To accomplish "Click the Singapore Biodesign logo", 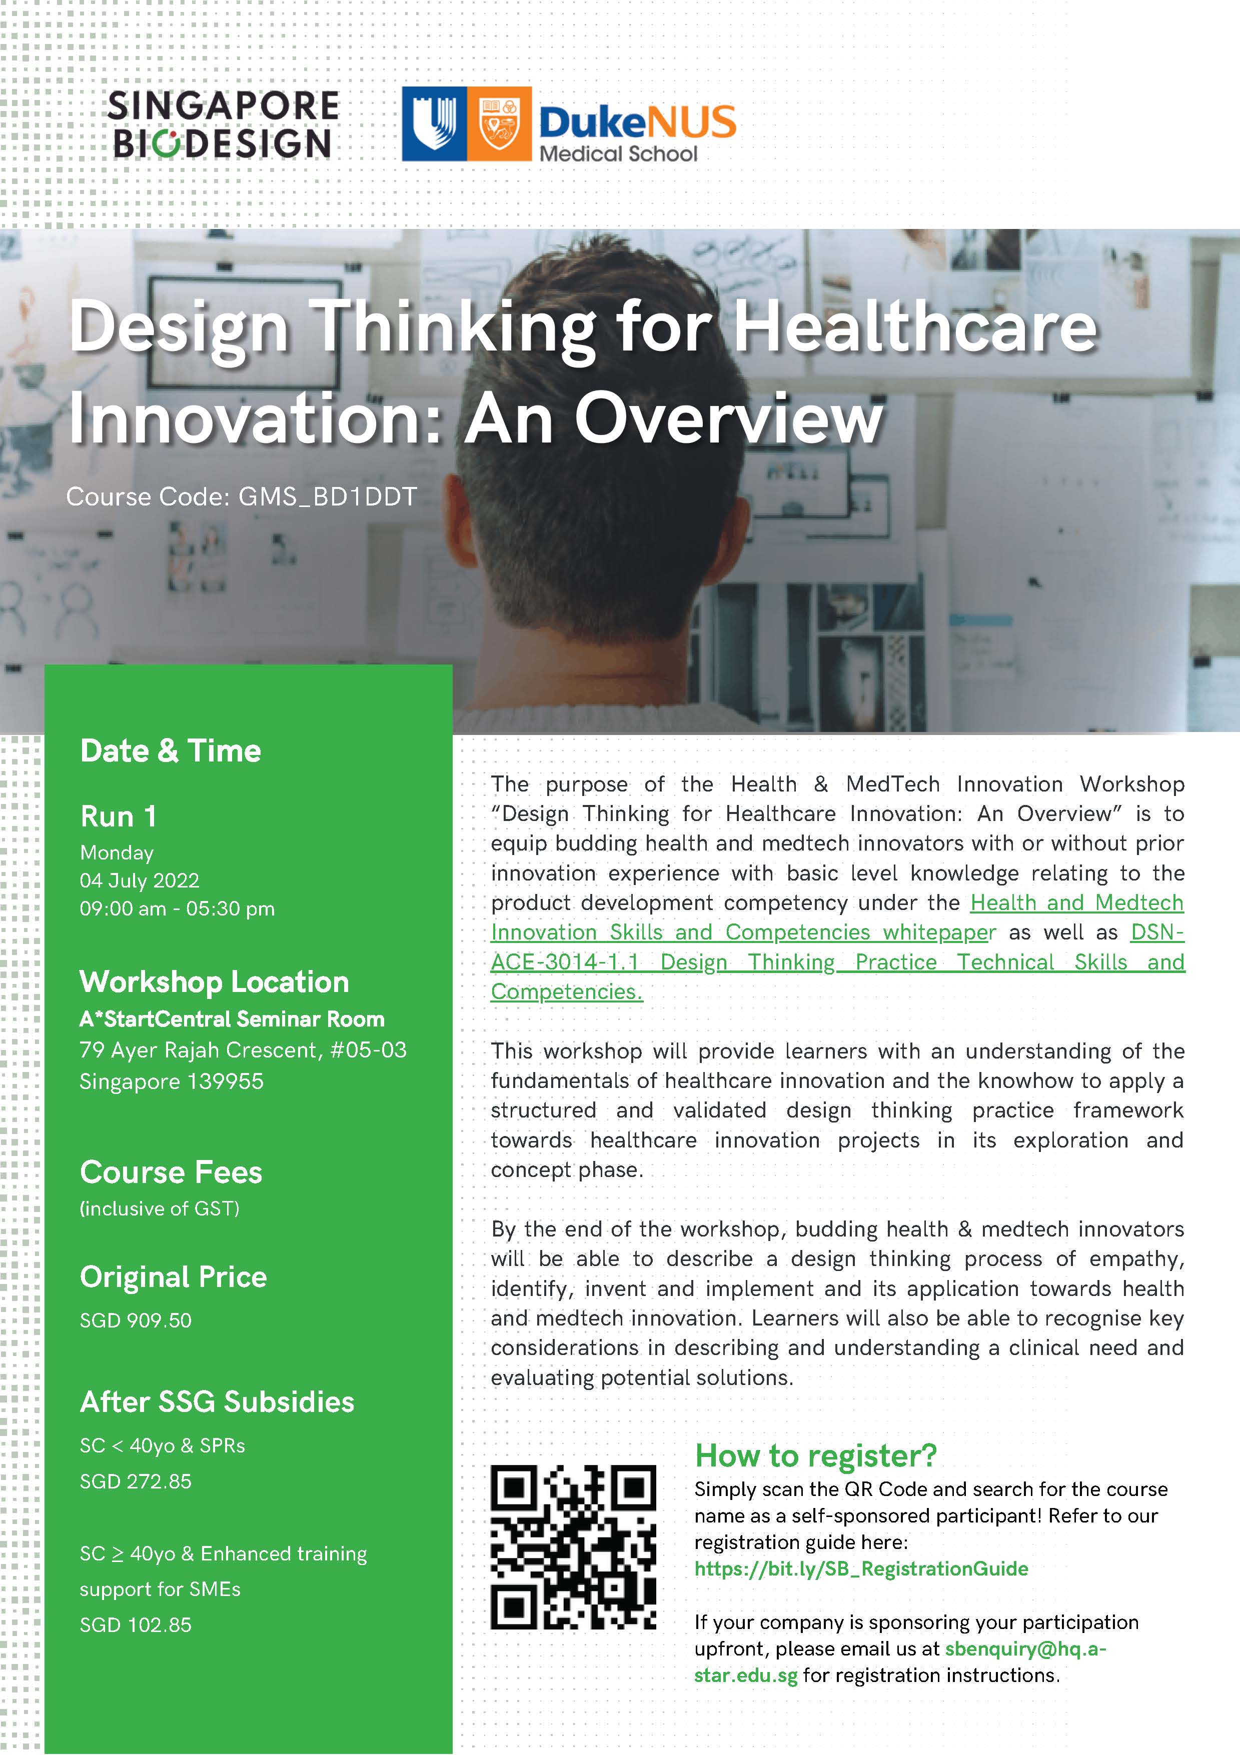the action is (x=223, y=124).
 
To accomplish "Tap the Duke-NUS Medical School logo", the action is (x=569, y=124).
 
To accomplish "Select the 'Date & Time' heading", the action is (x=171, y=750).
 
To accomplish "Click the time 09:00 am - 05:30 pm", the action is (x=178, y=909).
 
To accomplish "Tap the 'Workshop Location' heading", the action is (x=214, y=982).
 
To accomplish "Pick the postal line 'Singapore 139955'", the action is (x=171, y=1081).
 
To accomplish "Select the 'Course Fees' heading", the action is (x=171, y=1172).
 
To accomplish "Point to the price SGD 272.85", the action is (x=136, y=1481).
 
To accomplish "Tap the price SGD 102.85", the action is (x=136, y=1625).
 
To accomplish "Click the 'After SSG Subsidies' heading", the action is (x=217, y=1402).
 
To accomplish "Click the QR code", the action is (x=573, y=1547).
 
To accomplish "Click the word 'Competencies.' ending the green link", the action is (x=567, y=991).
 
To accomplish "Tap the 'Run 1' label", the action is (x=119, y=816).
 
